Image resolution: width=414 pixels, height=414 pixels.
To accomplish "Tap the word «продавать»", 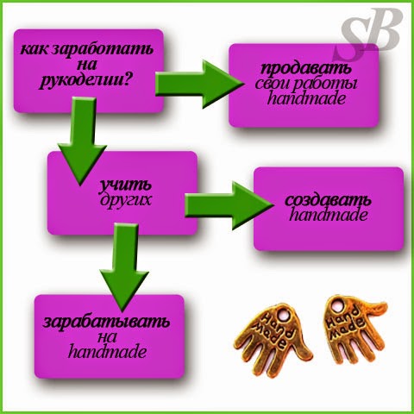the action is pos(306,68).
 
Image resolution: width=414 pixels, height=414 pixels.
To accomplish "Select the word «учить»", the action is pos(125,185).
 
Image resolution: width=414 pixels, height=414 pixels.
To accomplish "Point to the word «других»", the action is pos(125,199).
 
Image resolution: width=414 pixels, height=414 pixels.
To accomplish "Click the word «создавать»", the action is pos(328,200).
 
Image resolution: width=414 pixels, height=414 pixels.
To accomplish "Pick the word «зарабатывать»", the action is pos(106,322).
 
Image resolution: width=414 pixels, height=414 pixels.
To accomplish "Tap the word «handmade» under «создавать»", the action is pos(329,215).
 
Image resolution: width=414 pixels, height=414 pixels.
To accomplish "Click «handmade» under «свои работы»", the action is pos(306,98).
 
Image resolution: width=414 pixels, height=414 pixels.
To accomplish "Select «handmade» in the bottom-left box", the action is pos(107,351).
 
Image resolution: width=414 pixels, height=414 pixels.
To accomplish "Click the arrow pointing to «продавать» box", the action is pos(199,84).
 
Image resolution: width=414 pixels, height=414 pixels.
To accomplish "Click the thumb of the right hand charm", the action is pos(373,308).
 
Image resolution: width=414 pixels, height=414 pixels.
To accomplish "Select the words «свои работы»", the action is pos(306,84).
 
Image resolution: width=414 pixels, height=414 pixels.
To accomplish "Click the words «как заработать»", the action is pos(87,49).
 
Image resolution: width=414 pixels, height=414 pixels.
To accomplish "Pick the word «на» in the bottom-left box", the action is pos(107,337).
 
